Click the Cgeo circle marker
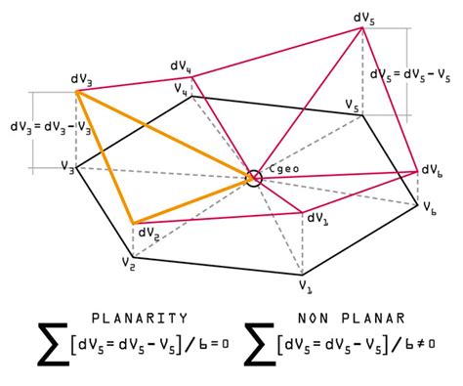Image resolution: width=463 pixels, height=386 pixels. pos(254,178)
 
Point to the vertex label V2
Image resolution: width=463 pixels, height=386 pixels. pos(127,262)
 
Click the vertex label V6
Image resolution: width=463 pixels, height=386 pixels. pos(430,207)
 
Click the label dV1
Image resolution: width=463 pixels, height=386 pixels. pos(318,218)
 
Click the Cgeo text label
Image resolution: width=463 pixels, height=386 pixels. pos(282,169)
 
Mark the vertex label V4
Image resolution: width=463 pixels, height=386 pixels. pos(182,88)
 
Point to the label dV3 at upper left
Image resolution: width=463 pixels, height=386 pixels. pos(81,77)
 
